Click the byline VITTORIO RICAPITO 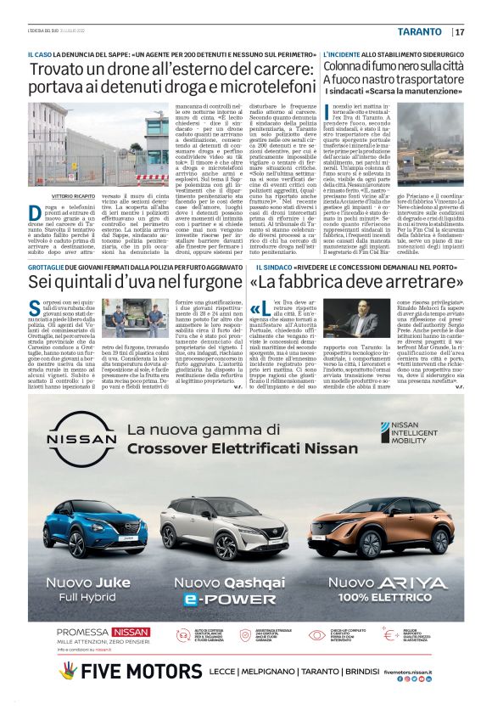pyautogui.click(x=75, y=194)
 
